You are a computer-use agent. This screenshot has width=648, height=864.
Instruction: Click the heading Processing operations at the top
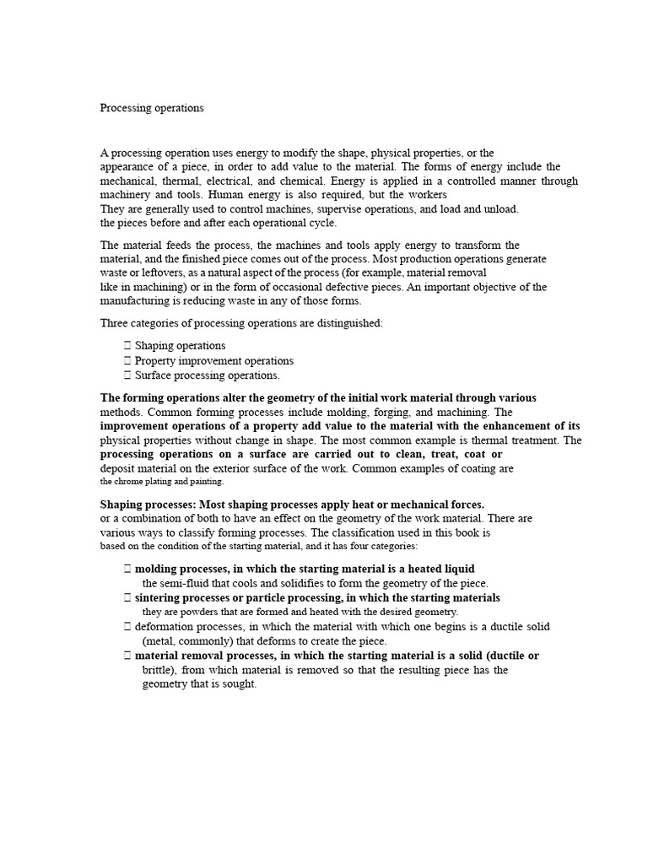[152, 108]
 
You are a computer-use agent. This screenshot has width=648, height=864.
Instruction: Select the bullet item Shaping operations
[180, 346]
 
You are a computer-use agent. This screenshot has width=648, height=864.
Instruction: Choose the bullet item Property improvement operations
[214, 360]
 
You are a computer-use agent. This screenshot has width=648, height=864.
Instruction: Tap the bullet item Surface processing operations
[207, 375]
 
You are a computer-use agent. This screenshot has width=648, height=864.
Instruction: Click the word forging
[378, 412]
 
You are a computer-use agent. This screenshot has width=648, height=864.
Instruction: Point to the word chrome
[134, 481]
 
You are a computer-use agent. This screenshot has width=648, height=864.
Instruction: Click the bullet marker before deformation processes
[127, 627]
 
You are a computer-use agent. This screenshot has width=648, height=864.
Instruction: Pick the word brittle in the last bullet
[156, 670]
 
